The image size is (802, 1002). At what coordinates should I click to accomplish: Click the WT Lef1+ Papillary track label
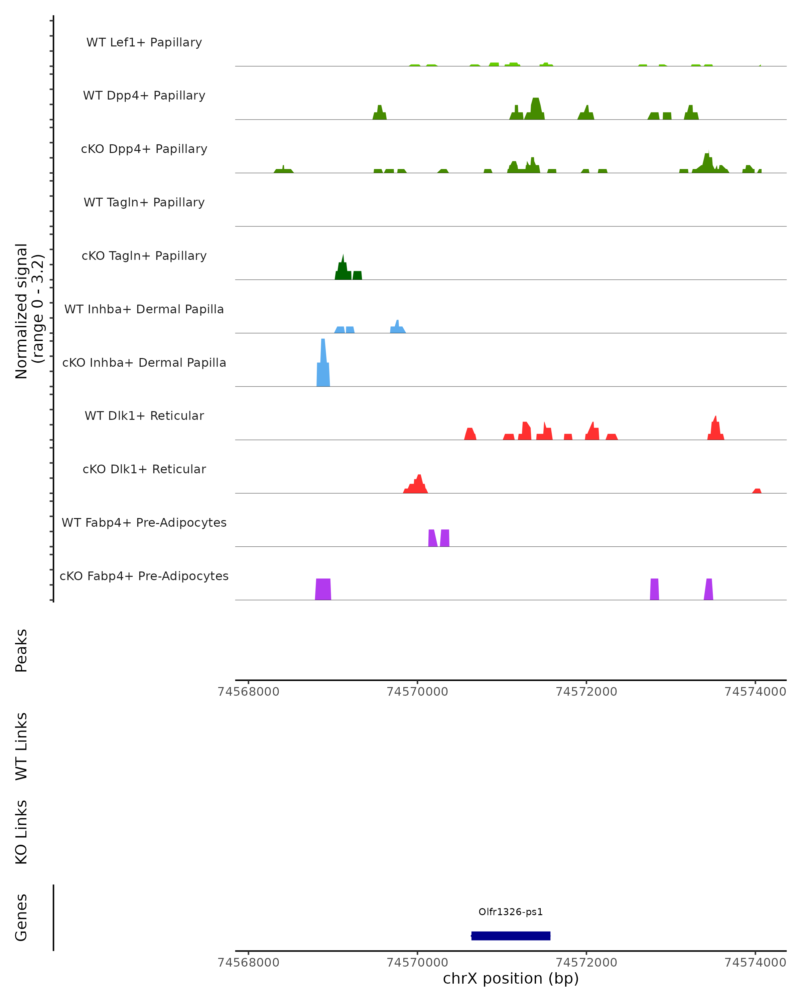click(x=144, y=42)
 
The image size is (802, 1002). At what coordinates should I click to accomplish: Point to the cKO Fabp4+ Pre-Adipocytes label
click(x=144, y=576)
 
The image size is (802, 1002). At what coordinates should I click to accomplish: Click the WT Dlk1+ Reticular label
click(x=144, y=415)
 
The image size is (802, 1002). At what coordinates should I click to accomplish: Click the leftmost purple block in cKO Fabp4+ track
click(x=323, y=589)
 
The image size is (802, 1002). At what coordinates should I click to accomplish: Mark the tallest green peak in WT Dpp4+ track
click(x=536, y=110)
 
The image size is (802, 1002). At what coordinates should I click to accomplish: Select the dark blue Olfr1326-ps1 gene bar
click(x=511, y=936)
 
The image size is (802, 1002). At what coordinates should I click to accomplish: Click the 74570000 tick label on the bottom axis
click(x=417, y=962)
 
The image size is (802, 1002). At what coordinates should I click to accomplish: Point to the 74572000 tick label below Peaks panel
click(x=586, y=692)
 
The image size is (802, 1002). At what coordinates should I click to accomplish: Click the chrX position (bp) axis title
click(x=511, y=978)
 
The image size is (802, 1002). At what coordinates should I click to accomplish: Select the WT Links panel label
click(x=21, y=746)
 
